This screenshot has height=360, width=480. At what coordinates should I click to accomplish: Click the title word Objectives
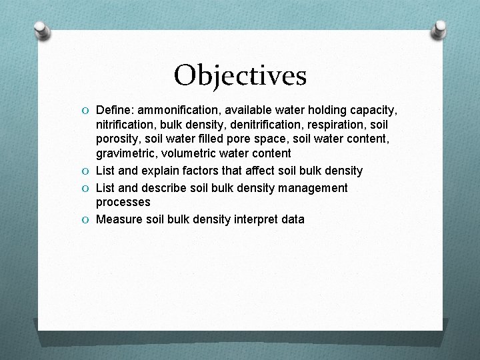(x=240, y=75)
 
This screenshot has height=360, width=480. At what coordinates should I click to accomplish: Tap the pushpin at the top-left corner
(x=42, y=31)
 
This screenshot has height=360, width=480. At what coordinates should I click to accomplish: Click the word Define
(x=114, y=109)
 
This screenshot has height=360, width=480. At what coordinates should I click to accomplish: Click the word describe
(x=164, y=188)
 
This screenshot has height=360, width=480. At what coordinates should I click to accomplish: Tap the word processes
(x=123, y=202)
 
